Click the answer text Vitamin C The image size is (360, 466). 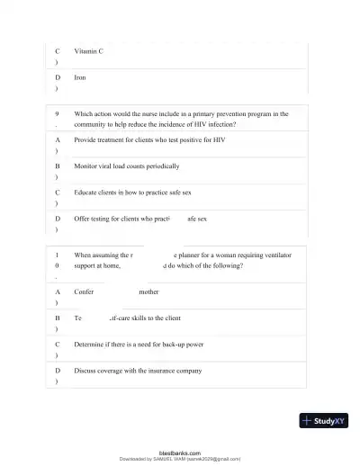coord(88,51)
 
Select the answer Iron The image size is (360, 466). coord(79,77)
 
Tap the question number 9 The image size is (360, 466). coord(58,114)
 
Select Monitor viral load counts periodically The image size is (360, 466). coord(126,166)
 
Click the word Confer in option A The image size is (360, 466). coord(84,292)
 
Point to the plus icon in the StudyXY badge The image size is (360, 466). coord(308,420)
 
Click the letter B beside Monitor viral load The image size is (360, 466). coord(58,166)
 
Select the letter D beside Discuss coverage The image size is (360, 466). coord(58,370)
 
